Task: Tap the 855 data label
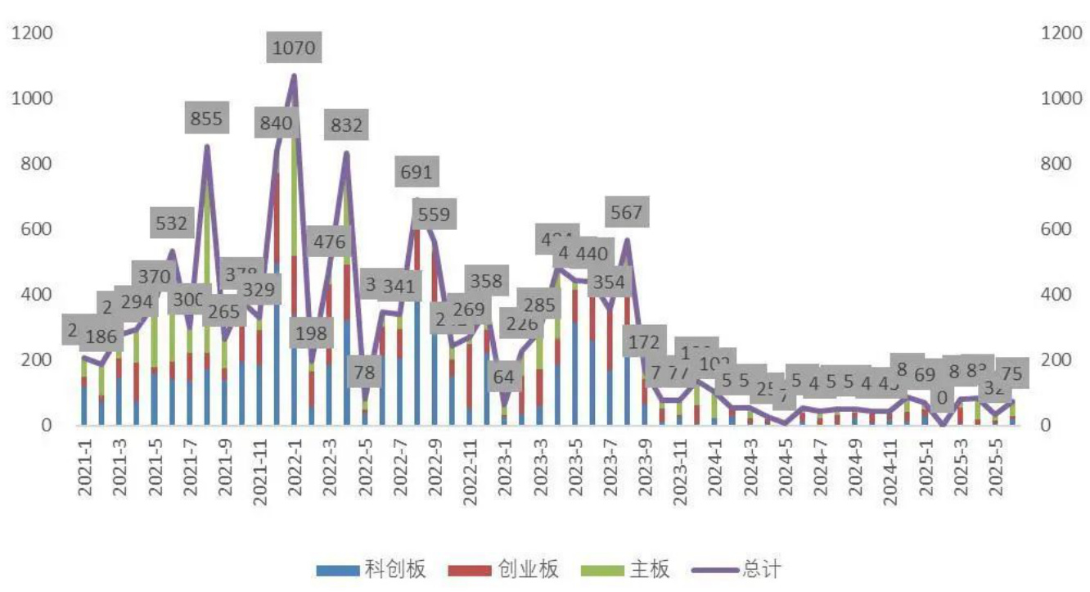(205, 119)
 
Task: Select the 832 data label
(346, 126)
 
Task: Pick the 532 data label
(171, 222)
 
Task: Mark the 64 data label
(504, 377)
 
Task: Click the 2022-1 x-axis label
(295, 471)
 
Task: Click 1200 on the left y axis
(31, 33)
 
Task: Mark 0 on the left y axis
(45, 425)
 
